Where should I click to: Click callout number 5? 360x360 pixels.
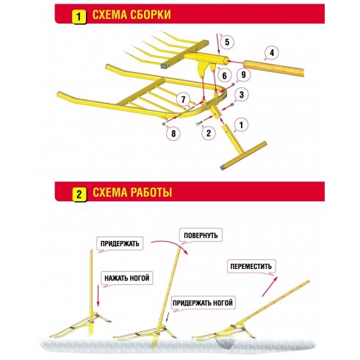[227, 42]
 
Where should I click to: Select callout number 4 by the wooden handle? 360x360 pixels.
[271, 53]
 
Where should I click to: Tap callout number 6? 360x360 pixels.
[224, 76]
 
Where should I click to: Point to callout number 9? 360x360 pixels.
[243, 74]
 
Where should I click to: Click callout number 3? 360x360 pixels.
[242, 95]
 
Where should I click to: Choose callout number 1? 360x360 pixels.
[241, 125]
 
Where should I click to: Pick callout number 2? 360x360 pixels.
[209, 133]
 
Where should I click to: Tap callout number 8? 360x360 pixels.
[173, 134]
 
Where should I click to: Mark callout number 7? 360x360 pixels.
[183, 100]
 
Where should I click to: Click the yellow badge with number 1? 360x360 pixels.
[79, 17]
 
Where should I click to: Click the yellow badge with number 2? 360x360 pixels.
[79, 195]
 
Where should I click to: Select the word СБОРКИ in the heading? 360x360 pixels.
[151, 15]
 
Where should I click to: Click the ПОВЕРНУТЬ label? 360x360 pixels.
[201, 236]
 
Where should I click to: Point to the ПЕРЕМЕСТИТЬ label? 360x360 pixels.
[251, 266]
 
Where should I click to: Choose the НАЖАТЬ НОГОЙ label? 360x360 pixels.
[127, 278]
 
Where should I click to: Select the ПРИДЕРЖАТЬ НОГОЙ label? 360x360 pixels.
[203, 303]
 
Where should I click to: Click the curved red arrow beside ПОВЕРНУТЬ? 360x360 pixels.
[171, 244]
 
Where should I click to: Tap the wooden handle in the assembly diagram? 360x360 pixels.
[273, 68]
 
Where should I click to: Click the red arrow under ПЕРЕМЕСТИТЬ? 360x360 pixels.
[270, 287]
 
